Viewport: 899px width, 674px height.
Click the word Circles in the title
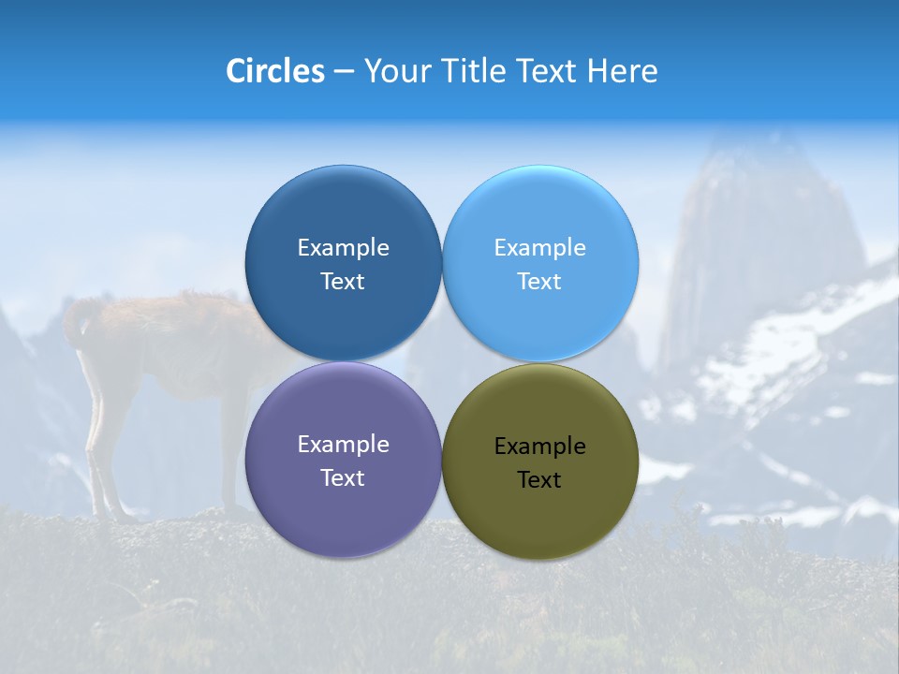[275, 71]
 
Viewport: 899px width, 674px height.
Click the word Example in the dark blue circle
[343, 247]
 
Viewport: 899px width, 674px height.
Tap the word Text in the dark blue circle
[343, 281]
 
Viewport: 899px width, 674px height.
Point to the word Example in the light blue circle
[540, 247]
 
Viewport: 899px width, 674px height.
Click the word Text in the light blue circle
[540, 281]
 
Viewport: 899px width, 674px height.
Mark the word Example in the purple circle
[343, 444]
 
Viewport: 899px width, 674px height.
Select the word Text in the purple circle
[343, 477]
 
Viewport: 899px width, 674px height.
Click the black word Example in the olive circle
[540, 447]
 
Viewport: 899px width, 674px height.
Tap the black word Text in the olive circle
[540, 480]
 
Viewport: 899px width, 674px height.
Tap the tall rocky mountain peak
[749, 215]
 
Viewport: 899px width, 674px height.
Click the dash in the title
[344, 72]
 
